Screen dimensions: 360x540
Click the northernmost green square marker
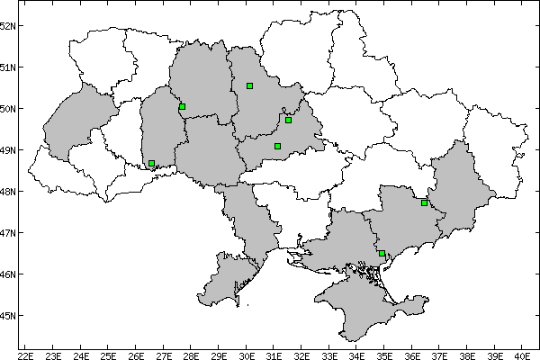click(x=249, y=85)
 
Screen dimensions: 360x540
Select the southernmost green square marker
click(x=382, y=254)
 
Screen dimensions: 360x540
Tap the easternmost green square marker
click(x=424, y=202)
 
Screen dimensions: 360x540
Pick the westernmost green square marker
click(x=151, y=164)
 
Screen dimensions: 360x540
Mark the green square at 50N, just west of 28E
click(x=182, y=106)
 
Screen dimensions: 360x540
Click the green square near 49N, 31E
click(x=277, y=146)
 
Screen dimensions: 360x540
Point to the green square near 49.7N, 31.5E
click(x=288, y=120)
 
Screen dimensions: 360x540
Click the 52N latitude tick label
click(x=8, y=25)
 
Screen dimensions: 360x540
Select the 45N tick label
click(x=8, y=316)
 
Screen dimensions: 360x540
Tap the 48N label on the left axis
click(x=8, y=192)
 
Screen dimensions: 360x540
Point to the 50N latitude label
click(x=8, y=109)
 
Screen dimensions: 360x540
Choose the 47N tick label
click(x=8, y=233)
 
